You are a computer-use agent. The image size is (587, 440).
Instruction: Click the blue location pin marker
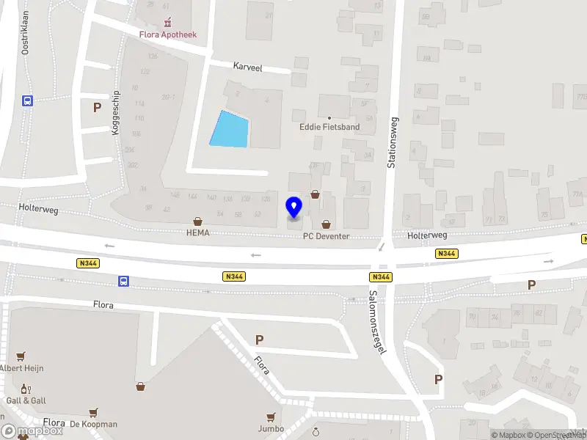coord(294,208)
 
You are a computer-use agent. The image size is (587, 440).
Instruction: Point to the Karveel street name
coord(248,66)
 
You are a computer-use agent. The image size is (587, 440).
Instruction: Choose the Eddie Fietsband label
coord(330,127)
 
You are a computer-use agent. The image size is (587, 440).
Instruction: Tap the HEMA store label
coord(197,233)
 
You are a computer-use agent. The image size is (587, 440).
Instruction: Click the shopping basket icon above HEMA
coord(197,221)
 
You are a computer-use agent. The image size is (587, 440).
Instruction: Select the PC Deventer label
coord(326,237)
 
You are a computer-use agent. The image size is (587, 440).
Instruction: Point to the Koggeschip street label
coord(115,113)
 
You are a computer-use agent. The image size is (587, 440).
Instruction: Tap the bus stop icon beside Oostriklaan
coord(27,101)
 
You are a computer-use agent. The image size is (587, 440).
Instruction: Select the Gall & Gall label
coord(26,400)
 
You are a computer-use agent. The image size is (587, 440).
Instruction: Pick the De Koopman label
coord(93,424)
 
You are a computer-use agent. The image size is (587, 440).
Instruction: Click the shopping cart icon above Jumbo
coord(271,417)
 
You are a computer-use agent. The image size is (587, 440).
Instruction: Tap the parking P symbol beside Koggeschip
coord(96,108)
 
